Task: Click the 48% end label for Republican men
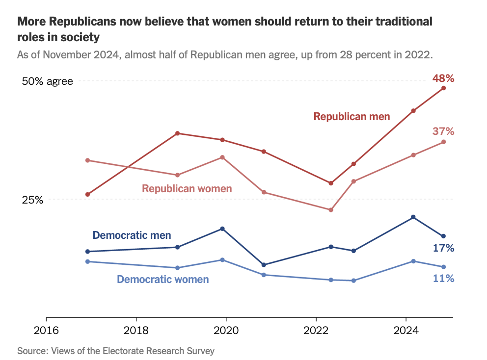[x=443, y=78]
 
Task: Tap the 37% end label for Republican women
[x=443, y=131]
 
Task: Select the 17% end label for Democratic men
[x=443, y=248]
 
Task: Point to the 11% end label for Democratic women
[x=443, y=278]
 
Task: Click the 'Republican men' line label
[x=352, y=117]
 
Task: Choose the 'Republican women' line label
[x=187, y=189]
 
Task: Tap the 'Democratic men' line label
[x=132, y=235]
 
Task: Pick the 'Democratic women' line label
[x=162, y=280]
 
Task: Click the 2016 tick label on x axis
[x=46, y=330]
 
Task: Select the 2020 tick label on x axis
[x=226, y=330]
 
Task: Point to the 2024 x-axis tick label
[x=406, y=330]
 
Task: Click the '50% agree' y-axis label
[x=48, y=81]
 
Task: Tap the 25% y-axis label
[x=33, y=200]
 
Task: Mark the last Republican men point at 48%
[x=443, y=88]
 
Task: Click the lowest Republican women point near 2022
[x=331, y=210]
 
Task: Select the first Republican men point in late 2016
[x=87, y=195]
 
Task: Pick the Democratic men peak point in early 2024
[x=413, y=217]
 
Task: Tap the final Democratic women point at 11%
[x=443, y=267]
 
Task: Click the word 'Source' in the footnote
[x=32, y=351]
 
